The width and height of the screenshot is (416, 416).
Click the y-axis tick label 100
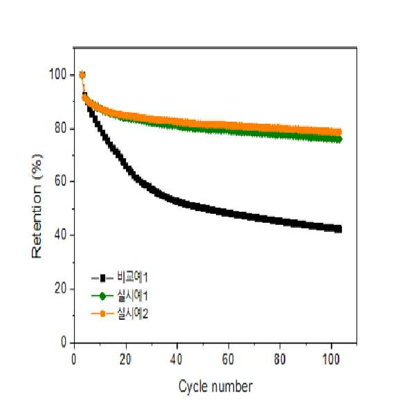coord(58,74)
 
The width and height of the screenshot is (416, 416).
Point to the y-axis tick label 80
coord(60,128)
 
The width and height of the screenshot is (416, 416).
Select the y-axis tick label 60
coord(60,181)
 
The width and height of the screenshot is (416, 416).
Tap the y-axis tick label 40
coord(60,235)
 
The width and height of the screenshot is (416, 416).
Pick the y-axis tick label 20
coord(60,288)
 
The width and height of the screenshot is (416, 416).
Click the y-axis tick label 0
coord(64,342)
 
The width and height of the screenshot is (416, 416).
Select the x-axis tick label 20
coord(125,359)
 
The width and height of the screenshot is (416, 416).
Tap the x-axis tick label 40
coord(177,359)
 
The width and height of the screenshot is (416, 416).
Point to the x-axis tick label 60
coord(228,359)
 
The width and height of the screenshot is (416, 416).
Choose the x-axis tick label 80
coord(280,359)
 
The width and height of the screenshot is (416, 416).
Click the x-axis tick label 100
coord(331,359)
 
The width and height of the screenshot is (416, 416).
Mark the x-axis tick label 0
coord(74,359)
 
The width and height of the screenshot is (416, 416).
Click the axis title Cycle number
coord(215,386)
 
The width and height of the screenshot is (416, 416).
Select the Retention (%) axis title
coord(37,206)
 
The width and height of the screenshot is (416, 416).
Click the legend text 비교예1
coord(132,278)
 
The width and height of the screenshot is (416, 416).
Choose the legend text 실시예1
coord(132,296)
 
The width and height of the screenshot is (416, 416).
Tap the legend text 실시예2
coord(132,314)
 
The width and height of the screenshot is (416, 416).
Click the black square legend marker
coord(102,278)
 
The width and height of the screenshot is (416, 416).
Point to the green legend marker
coord(102,296)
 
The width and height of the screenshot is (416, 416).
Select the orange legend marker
coord(102,314)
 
